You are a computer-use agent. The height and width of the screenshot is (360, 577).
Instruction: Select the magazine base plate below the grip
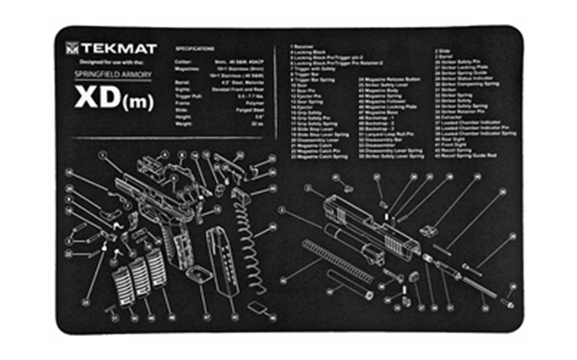coord(197,274)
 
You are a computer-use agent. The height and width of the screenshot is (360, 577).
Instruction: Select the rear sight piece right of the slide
coord(427,231)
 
